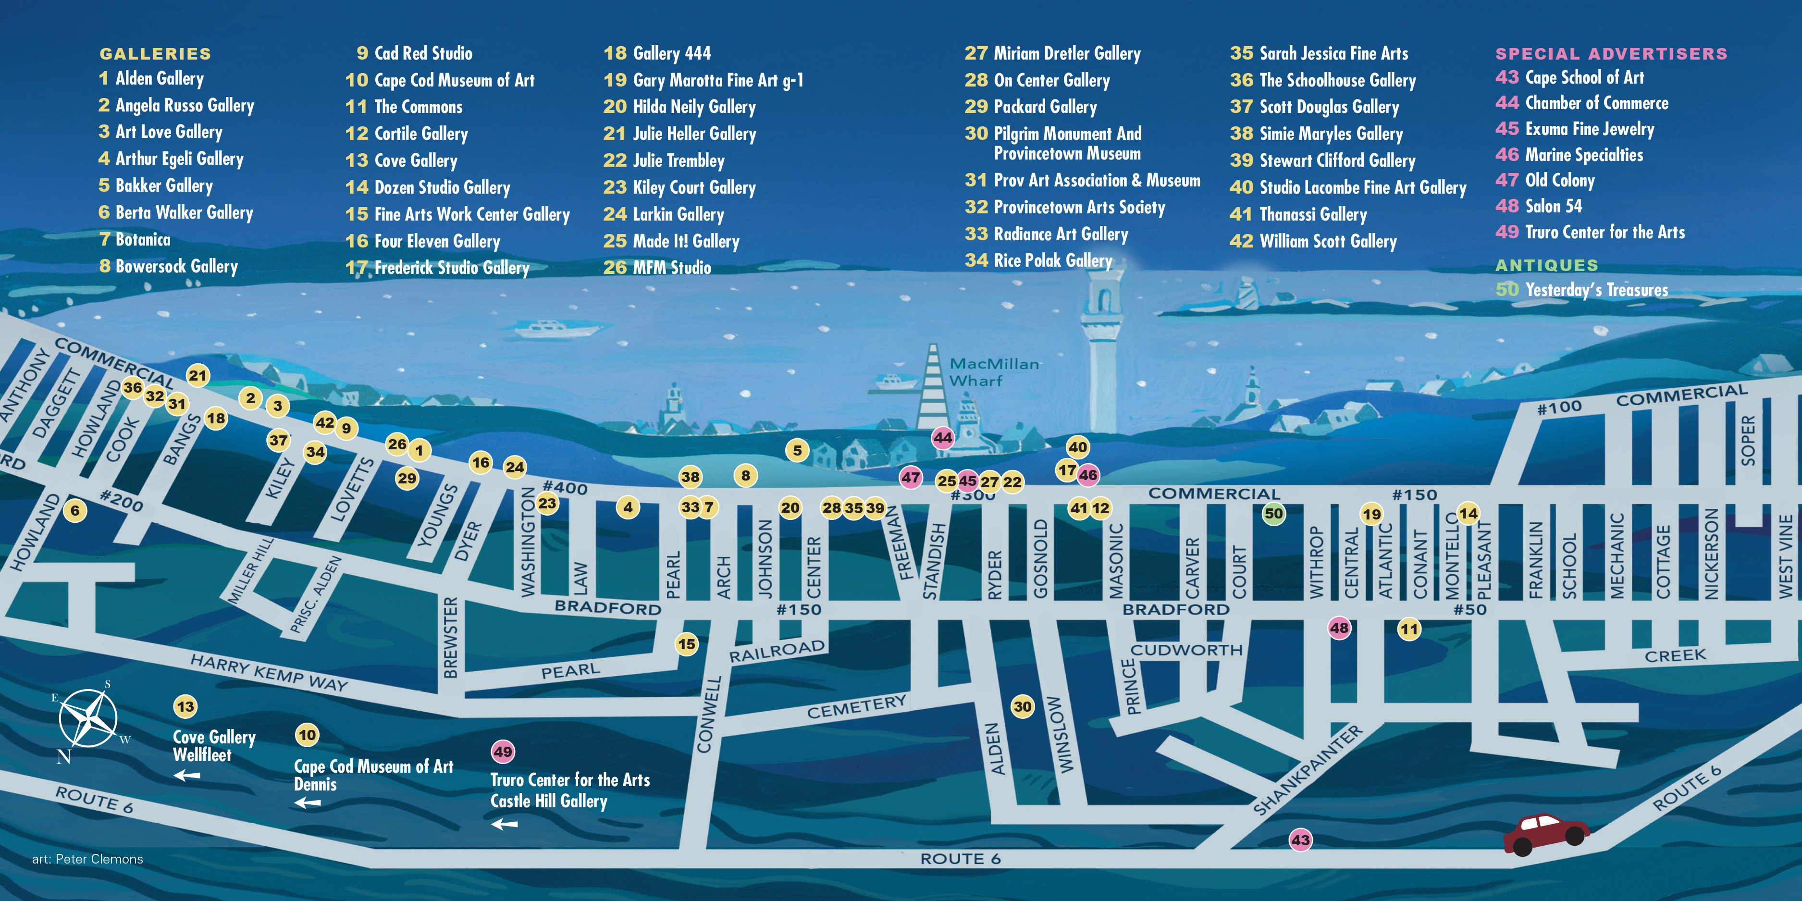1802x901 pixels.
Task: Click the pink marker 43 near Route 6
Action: (x=1300, y=839)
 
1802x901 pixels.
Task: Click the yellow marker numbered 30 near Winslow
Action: (x=1023, y=706)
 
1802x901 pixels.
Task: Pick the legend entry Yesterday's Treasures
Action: (x=1596, y=290)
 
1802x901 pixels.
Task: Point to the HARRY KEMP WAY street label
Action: (x=269, y=672)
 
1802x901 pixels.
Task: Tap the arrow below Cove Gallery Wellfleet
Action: (x=187, y=775)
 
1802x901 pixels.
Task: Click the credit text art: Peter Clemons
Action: (x=87, y=859)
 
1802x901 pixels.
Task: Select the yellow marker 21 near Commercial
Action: (x=198, y=376)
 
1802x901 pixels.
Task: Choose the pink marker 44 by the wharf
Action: (x=943, y=438)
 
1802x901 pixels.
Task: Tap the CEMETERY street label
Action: (x=856, y=706)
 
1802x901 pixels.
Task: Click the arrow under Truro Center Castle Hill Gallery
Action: (x=505, y=824)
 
